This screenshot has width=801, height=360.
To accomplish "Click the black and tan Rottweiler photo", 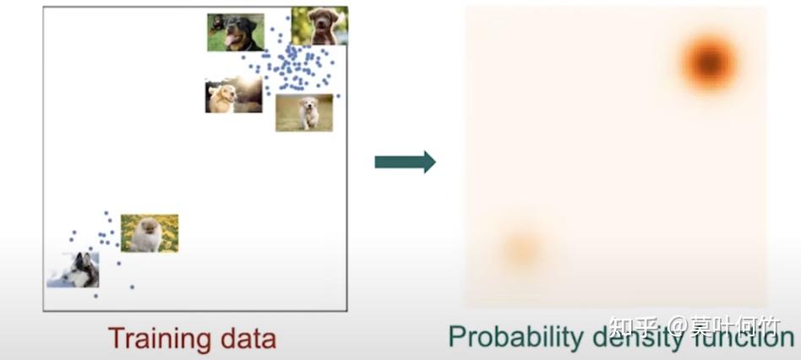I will pos(236,32).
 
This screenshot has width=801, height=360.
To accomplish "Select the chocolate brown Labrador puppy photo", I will pos(319,25).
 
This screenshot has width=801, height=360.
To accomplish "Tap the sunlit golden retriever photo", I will pos(233,95).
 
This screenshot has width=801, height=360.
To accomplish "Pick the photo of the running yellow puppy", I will pos(304,112).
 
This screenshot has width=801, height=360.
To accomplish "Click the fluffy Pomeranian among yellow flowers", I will pos(150,233).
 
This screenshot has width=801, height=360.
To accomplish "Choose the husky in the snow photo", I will pos(73,270).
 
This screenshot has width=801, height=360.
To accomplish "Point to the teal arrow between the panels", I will pos(405,161).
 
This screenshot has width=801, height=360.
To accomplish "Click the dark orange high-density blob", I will pos(708,61).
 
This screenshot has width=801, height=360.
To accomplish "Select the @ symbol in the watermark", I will pos(680,326).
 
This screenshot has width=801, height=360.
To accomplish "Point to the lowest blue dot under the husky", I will pos(95,296).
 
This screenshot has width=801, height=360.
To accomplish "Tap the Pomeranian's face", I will pos(149,228).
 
